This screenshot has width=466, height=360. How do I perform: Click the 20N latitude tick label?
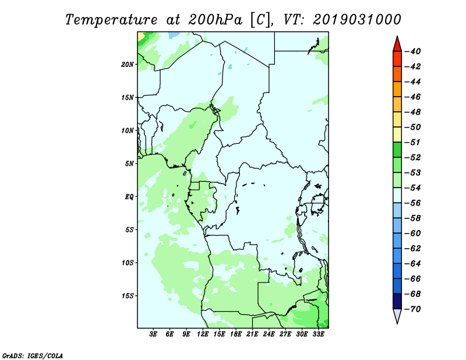click(x=128, y=65)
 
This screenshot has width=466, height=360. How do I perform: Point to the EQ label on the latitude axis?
click(x=129, y=197)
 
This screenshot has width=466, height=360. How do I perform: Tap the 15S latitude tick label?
click(x=128, y=296)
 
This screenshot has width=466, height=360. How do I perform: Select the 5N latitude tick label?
click(x=129, y=164)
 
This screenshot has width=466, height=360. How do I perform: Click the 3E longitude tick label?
click(x=153, y=334)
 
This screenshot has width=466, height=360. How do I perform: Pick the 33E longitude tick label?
click(x=318, y=334)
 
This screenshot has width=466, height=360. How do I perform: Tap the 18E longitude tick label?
click(x=236, y=334)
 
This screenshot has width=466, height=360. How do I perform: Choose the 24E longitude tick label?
click(x=269, y=334)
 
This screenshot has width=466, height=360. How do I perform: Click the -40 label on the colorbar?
click(x=413, y=51)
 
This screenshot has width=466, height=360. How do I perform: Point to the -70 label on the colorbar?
click(x=413, y=309)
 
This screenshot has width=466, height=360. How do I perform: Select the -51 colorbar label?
click(x=413, y=142)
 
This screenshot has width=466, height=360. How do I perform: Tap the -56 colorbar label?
click(x=413, y=203)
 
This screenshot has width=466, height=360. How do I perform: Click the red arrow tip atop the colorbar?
click(x=397, y=36)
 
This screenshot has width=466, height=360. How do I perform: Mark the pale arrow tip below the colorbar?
click(x=397, y=324)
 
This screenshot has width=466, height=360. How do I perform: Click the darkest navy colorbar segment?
click(x=397, y=301)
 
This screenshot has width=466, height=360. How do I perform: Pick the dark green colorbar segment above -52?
click(x=397, y=150)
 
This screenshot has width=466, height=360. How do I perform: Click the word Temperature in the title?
click(x=111, y=20)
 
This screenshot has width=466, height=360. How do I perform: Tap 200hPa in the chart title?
click(x=216, y=20)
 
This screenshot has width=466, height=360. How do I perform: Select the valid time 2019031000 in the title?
click(x=357, y=20)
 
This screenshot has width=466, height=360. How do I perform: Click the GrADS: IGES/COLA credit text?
click(x=33, y=356)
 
